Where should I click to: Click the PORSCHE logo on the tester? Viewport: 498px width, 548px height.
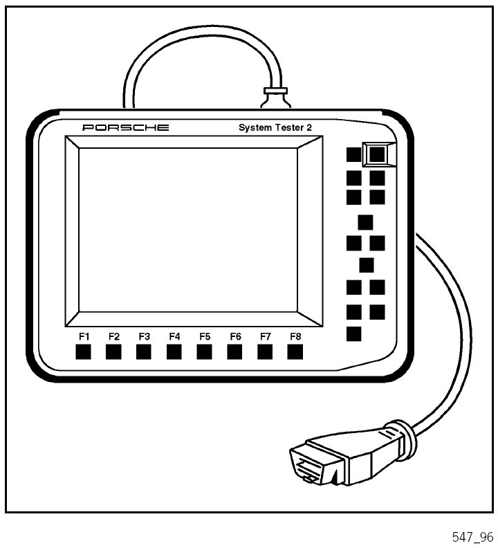click(125, 128)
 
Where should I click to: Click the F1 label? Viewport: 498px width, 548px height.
click(84, 336)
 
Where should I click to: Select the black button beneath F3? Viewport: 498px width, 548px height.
click(144, 351)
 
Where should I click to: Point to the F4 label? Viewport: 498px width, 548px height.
click(174, 336)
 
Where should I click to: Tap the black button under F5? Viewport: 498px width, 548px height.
click(205, 351)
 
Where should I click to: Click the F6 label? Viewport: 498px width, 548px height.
click(235, 336)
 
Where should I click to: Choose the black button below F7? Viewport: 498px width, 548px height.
click(266, 351)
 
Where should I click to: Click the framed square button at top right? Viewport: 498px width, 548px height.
click(377, 154)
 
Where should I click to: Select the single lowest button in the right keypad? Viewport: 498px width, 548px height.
click(354, 334)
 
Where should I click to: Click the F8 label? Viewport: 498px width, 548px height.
click(296, 336)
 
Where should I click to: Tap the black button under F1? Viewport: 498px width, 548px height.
click(83, 351)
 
